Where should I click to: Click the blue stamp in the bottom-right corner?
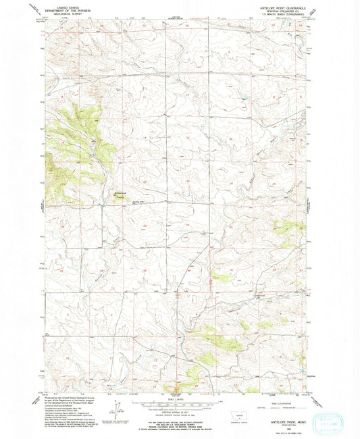tap(329, 408)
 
